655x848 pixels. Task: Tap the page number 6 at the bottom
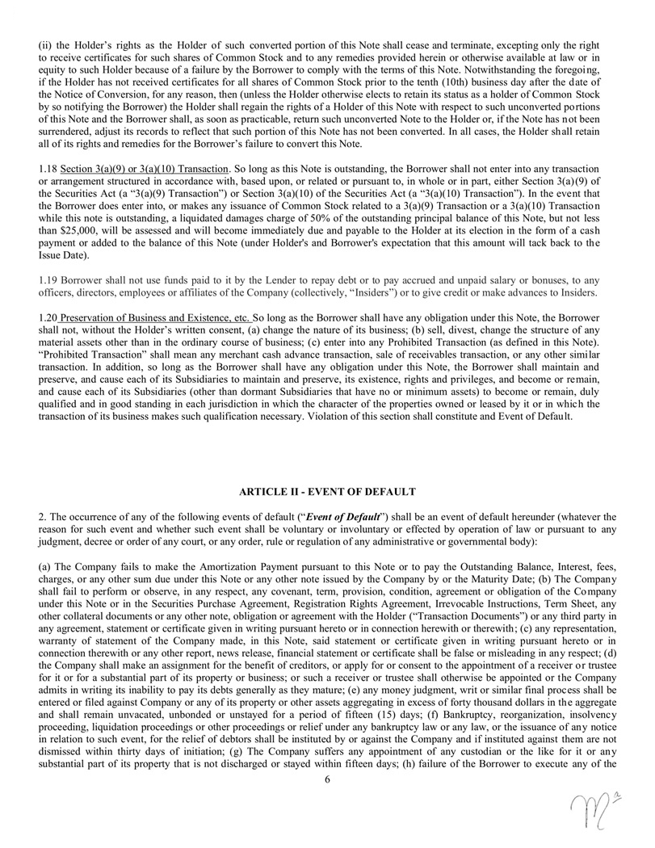(327, 779)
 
